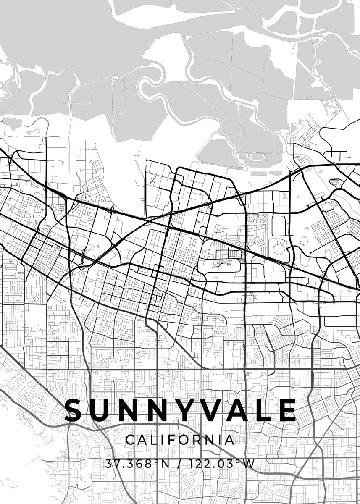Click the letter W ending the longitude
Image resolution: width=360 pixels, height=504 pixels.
pyautogui.click(x=249, y=464)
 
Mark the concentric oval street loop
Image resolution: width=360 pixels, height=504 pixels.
pyautogui.click(x=256, y=219)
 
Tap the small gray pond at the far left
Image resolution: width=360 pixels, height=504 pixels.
pyautogui.click(x=13, y=123)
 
